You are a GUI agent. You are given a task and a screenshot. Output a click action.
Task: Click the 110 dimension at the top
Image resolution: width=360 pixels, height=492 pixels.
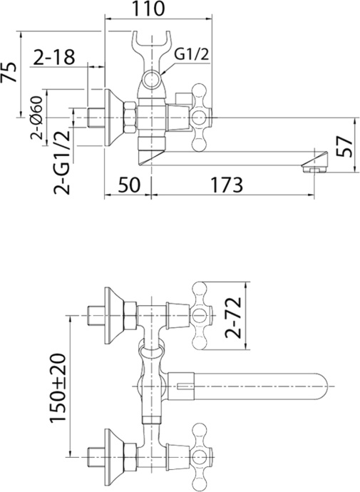pos(150,10)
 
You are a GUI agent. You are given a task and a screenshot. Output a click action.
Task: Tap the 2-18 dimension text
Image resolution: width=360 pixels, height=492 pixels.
pos(53,57)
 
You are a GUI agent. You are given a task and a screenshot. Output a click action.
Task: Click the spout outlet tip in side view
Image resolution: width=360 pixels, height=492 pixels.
pos(314,165)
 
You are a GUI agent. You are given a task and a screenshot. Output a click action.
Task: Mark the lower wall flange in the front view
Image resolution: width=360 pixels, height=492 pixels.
pos(113,453)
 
